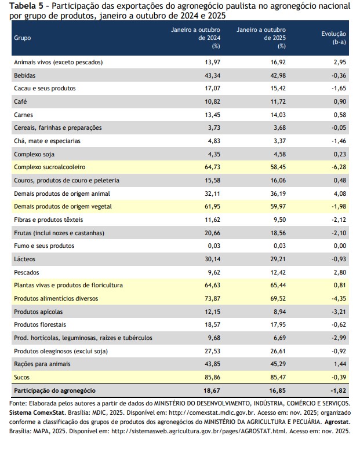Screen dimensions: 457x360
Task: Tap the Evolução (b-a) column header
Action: click(x=333, y=38)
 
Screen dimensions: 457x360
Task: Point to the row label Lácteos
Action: click(x=24, y=259)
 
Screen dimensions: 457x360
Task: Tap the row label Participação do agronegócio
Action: click(x=54, y=390)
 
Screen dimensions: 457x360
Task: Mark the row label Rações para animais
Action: click(x=42, y=364)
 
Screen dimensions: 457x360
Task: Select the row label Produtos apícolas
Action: click(x=38, y=312)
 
